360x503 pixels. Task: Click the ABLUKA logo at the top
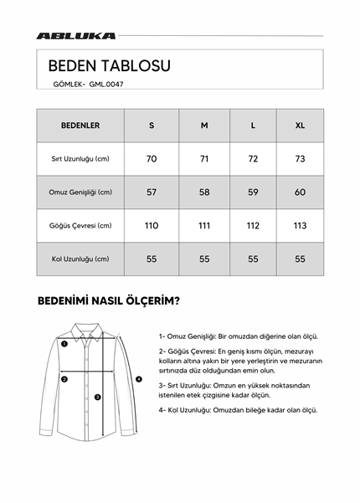coord(76,36)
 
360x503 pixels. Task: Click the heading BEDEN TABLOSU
coord(110,65)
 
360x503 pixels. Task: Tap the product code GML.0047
coord(106,84)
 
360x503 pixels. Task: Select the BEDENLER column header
coord(80,126)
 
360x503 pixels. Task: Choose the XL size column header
coord(300,126)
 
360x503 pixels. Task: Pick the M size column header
coord(204,126)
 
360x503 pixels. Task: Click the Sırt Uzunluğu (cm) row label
coord(80,159)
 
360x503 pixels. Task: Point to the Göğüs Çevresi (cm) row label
coord(80,225)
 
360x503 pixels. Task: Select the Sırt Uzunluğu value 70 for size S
coord(152,159)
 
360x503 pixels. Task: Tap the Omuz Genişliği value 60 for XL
coord(300,192)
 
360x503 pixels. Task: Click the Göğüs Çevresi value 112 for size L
coord(253,225)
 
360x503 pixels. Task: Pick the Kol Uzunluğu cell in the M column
coord(204,259)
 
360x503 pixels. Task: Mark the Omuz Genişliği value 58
coord(204,192)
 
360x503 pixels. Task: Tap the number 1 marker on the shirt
coord(64,342)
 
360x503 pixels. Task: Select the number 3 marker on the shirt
coord(97,397)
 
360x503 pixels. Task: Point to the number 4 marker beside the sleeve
coord(139,379)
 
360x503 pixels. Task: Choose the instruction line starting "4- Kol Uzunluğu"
coord(238,410)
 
